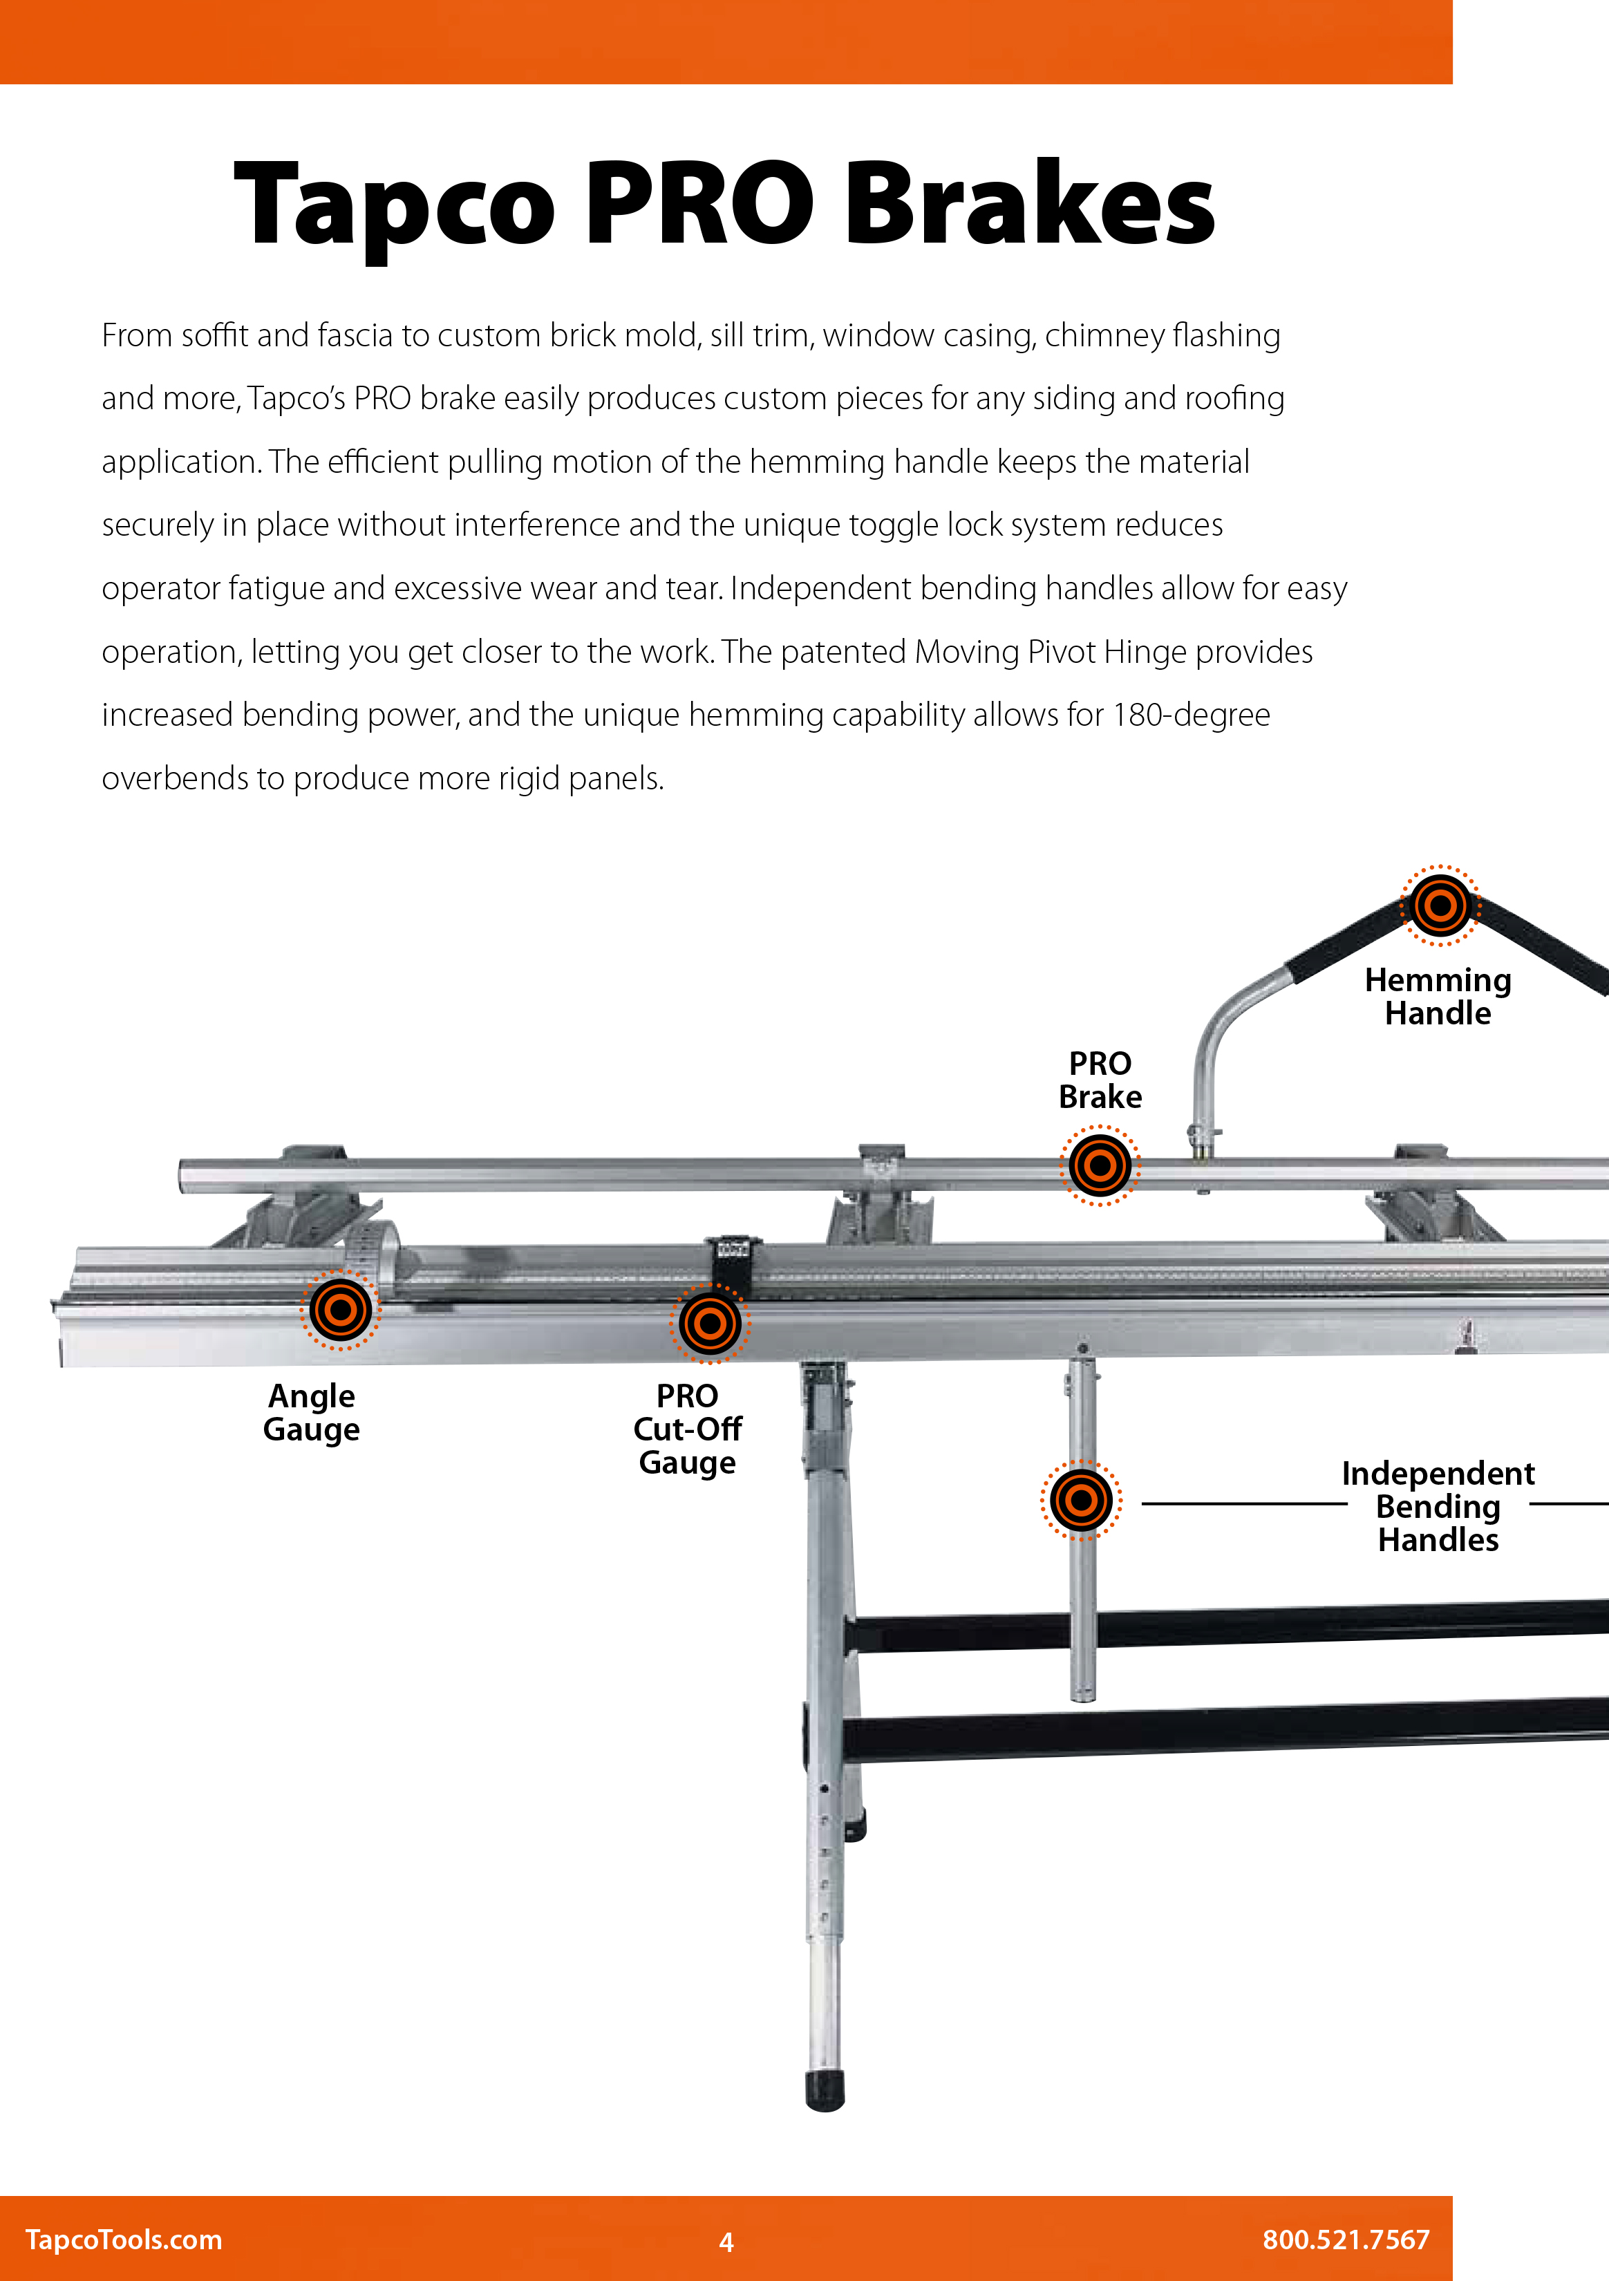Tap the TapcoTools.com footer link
pyautogui.click(x=124, y=2240)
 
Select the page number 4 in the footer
pyautogui.click(x=726, y=2242)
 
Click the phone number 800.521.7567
pyautogui.click(x=1346, y=2240)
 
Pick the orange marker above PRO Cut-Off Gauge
pyautogui.click(x=709, y=1322)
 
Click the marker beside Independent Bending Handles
pyautogui.click(x=1080, y=1499)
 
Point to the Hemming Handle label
pyautogui.click(x=1438, y=997)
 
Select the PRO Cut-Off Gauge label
pyautogui.click(x=687, y=1429)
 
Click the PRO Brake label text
pyautogui.click(x=1100, y=1080)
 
